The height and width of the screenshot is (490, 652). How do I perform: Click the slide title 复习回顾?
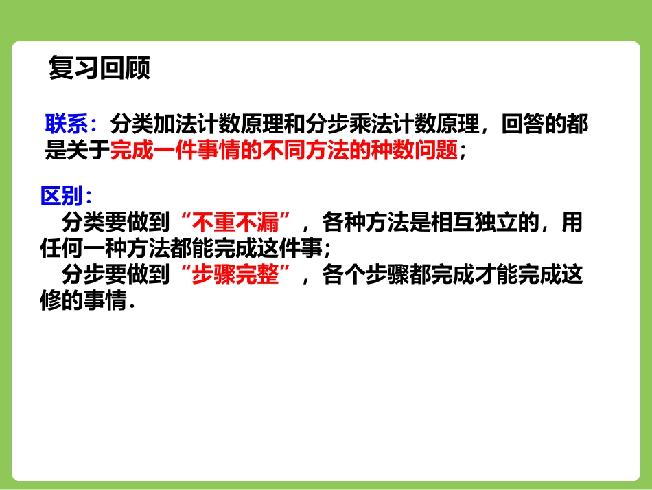(x=100, y=69)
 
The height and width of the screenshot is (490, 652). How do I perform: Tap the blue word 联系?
(x=66, y=124)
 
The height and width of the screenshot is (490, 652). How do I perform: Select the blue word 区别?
(x=61, y=196)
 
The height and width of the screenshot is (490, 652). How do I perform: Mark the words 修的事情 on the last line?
(x=84, y=300)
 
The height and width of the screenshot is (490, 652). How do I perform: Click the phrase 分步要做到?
(x=115, y=275)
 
